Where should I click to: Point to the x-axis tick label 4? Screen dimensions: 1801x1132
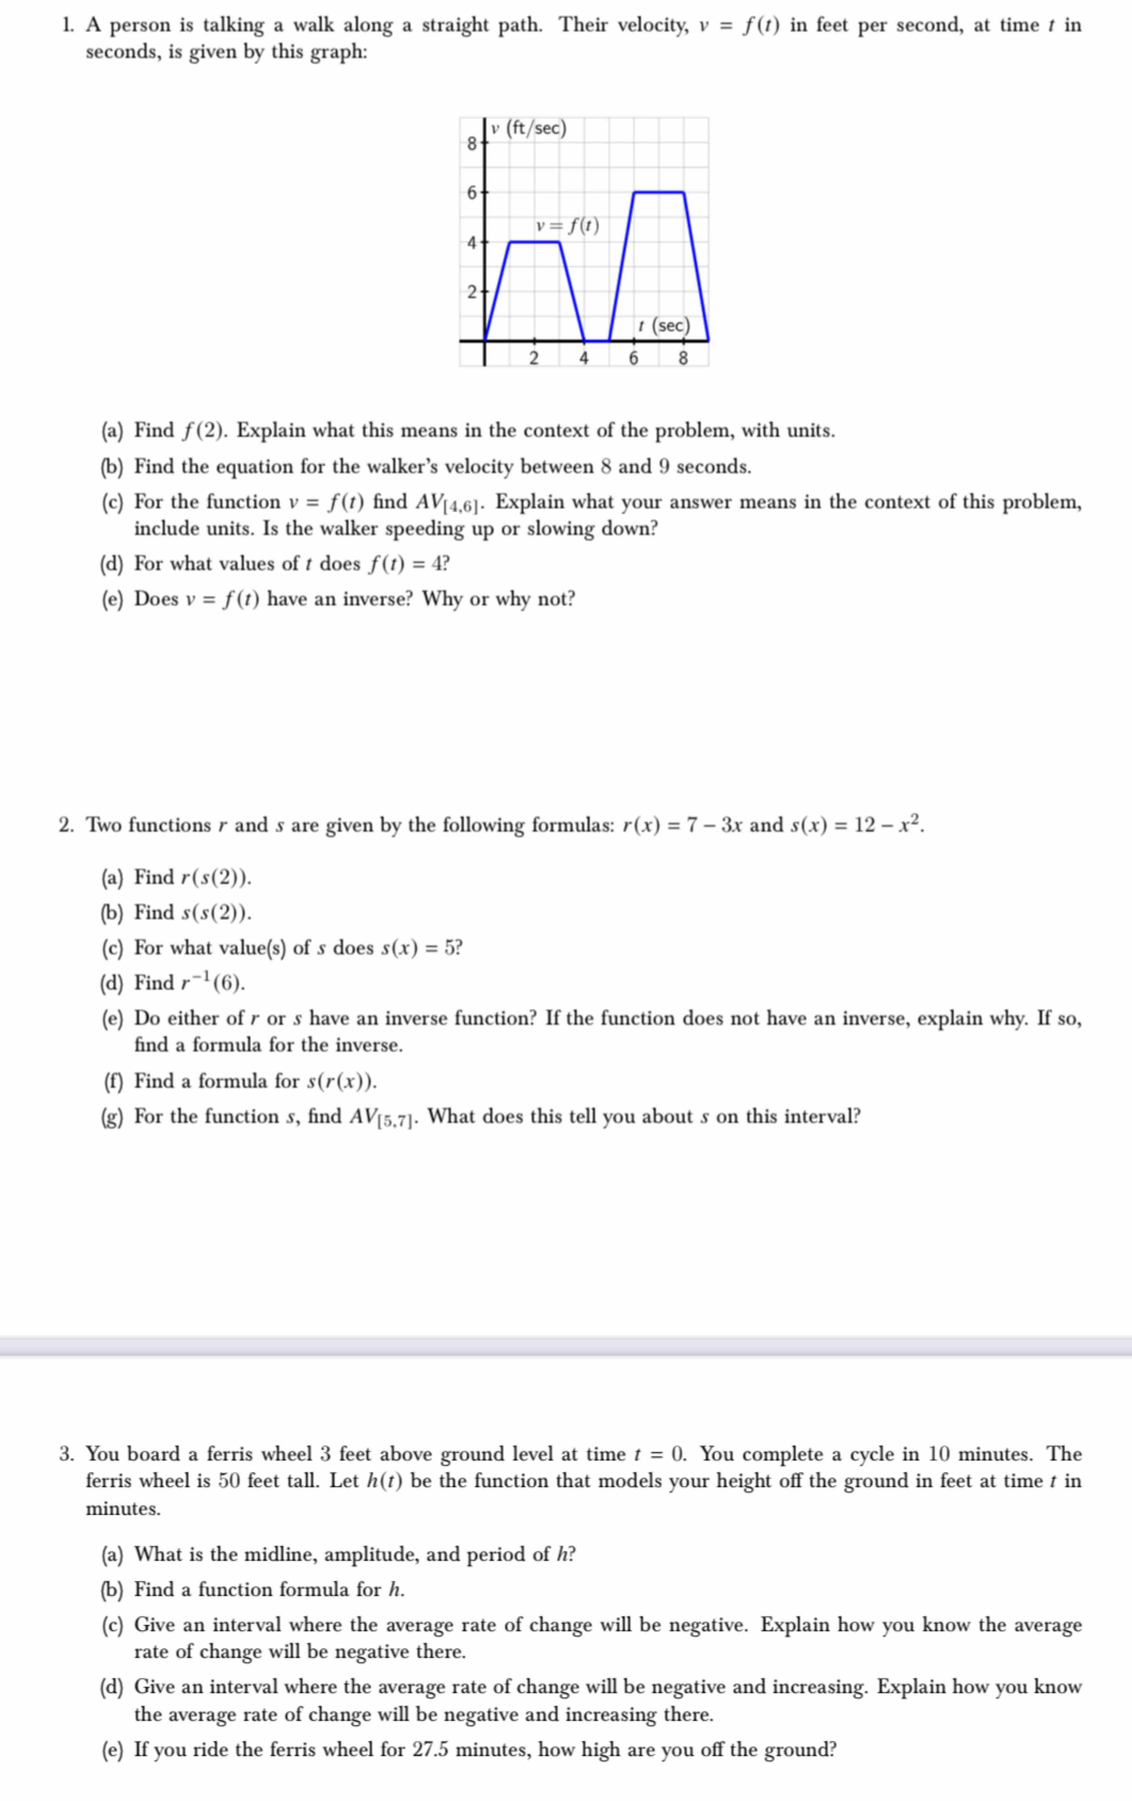pyautogui.click(x=583, y=358)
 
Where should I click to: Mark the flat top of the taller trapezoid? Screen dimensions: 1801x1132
pyautogui.click(x=659, y=192)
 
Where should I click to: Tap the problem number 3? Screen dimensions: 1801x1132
pyautogui.click(x=66, y=1454)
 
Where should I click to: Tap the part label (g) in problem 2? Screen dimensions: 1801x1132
pyautogui.click(x=112, y=1116)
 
